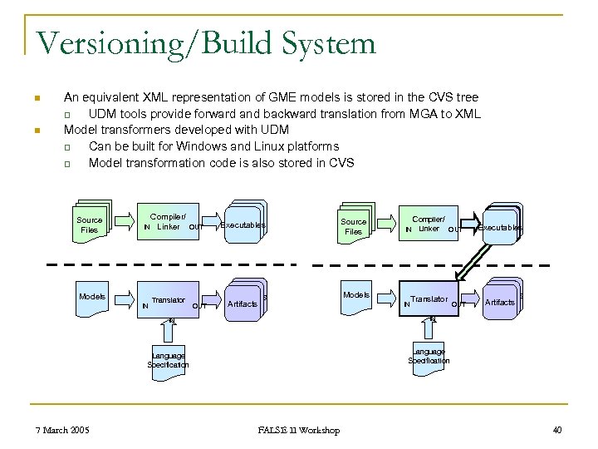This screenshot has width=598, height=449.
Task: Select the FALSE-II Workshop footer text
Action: [x=299, y=430]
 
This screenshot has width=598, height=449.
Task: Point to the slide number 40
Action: [x=556, y=430]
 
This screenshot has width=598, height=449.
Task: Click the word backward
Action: [x=297, y=114]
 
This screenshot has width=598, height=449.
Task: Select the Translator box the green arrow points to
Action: [x=429, y=299]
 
